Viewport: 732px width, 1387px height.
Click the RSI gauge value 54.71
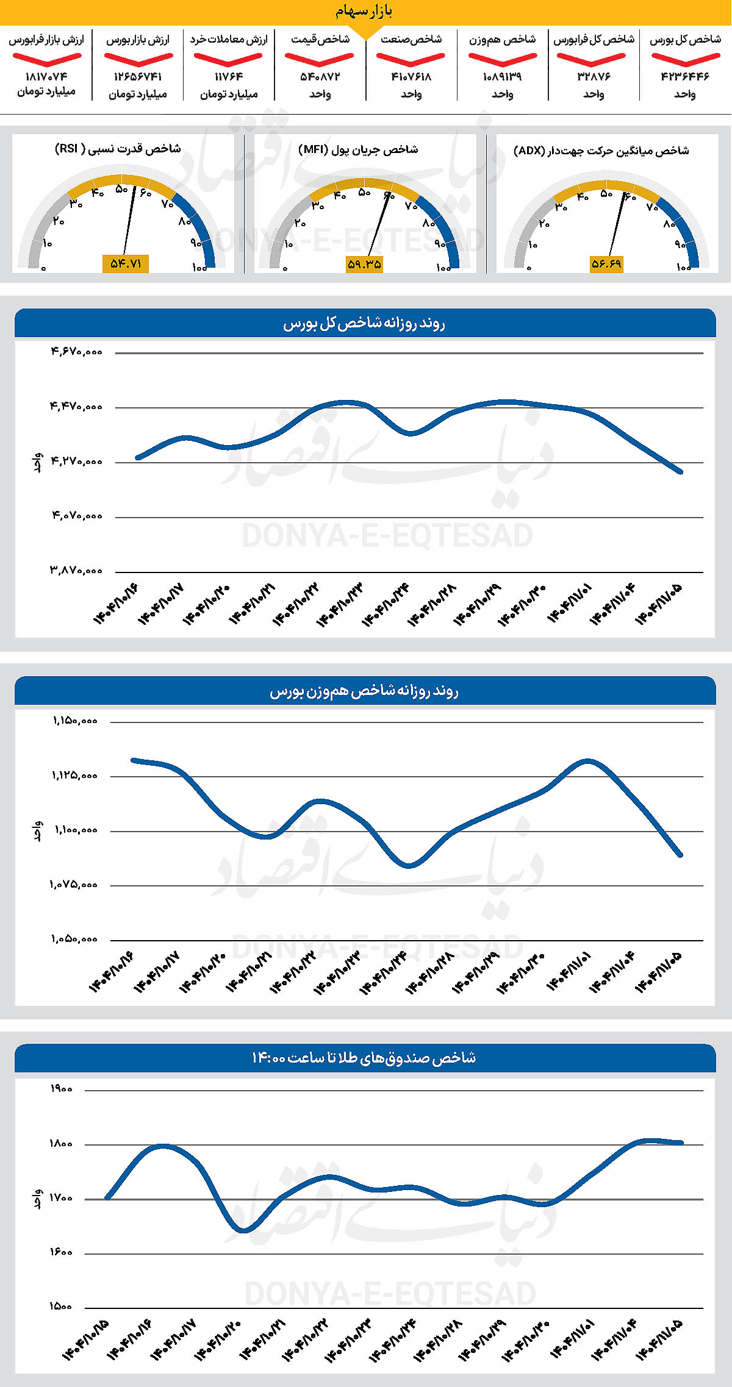(126, 263)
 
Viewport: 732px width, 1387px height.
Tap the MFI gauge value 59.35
(364, 264)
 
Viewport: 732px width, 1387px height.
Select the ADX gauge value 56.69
(606, 264)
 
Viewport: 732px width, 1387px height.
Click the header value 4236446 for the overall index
(685, 77)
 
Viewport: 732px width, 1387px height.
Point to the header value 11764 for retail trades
(229, 77)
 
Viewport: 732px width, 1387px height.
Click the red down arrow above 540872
(320, 59)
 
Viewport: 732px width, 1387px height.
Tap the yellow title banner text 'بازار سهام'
(364, 12)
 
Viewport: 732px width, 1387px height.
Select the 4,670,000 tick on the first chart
(76, 352)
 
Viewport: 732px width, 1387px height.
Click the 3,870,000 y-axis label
(76, 571)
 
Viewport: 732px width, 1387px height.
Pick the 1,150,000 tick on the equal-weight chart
(75, 721)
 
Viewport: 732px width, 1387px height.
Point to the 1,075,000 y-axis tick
(74, 885)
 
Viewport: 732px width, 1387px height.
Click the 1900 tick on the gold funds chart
(61, 1089)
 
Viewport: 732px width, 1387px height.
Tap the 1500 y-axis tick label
(61, 1307)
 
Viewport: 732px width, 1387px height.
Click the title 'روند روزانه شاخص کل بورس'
(364, 323)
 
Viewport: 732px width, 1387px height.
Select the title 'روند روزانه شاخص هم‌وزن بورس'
(364, 691)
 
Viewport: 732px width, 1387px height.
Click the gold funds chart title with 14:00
(364, 1058)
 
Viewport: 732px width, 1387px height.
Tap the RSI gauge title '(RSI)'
(118, 149)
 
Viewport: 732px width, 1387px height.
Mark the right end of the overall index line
(681, 472)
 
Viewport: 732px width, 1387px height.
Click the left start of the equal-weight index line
(134, 760)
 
